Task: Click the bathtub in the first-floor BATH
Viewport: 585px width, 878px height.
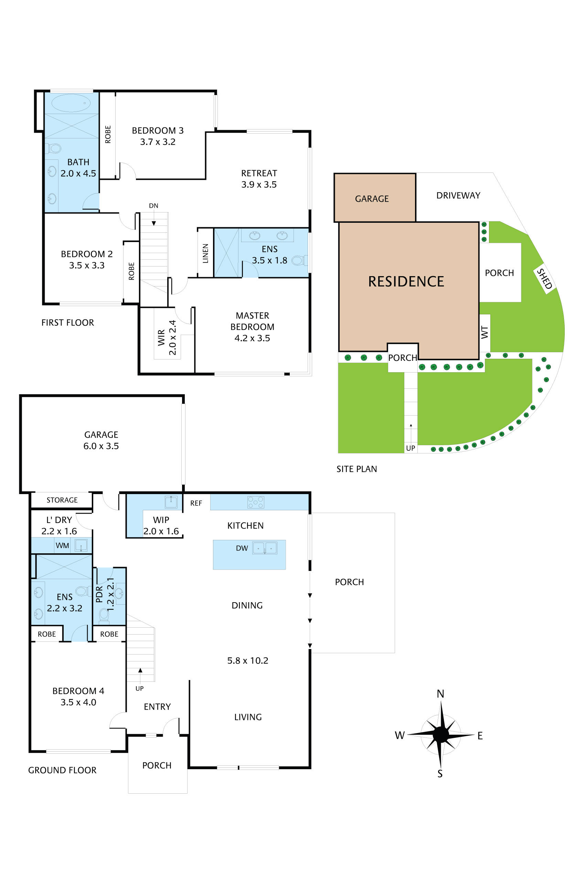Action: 71,103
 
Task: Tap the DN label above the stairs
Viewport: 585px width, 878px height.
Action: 153,206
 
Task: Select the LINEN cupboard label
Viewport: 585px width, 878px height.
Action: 205,253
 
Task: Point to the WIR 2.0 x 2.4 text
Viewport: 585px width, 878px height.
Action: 167,337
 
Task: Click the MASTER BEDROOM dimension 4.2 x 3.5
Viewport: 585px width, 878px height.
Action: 252,338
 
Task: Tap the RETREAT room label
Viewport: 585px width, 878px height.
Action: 259,173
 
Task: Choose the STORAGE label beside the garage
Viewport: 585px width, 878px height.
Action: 62,500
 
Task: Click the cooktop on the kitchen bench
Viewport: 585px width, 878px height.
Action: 256,502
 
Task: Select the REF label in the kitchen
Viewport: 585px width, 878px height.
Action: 196,503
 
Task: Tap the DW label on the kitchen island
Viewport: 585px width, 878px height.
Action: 242,548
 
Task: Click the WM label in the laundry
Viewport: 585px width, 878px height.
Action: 62,545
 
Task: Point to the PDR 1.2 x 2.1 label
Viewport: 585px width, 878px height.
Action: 105,594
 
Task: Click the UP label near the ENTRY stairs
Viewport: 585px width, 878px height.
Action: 139,688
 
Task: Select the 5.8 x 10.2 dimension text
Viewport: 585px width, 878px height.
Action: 248,660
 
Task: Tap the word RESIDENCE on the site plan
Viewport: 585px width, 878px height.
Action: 406,281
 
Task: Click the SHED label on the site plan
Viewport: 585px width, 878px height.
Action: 544,279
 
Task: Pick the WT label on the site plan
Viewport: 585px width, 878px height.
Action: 484,332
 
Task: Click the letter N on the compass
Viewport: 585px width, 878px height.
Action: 440,693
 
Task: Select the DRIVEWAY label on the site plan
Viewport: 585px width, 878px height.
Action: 458,196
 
